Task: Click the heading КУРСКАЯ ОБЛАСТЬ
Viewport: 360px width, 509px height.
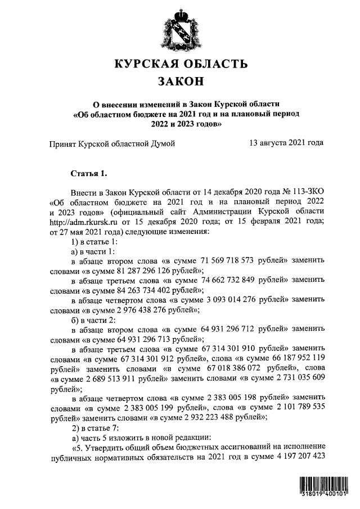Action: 180,64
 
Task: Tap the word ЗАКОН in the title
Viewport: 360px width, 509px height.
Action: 180,82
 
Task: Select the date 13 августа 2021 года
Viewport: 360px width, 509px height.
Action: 286,143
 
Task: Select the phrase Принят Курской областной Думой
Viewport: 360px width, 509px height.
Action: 112,143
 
